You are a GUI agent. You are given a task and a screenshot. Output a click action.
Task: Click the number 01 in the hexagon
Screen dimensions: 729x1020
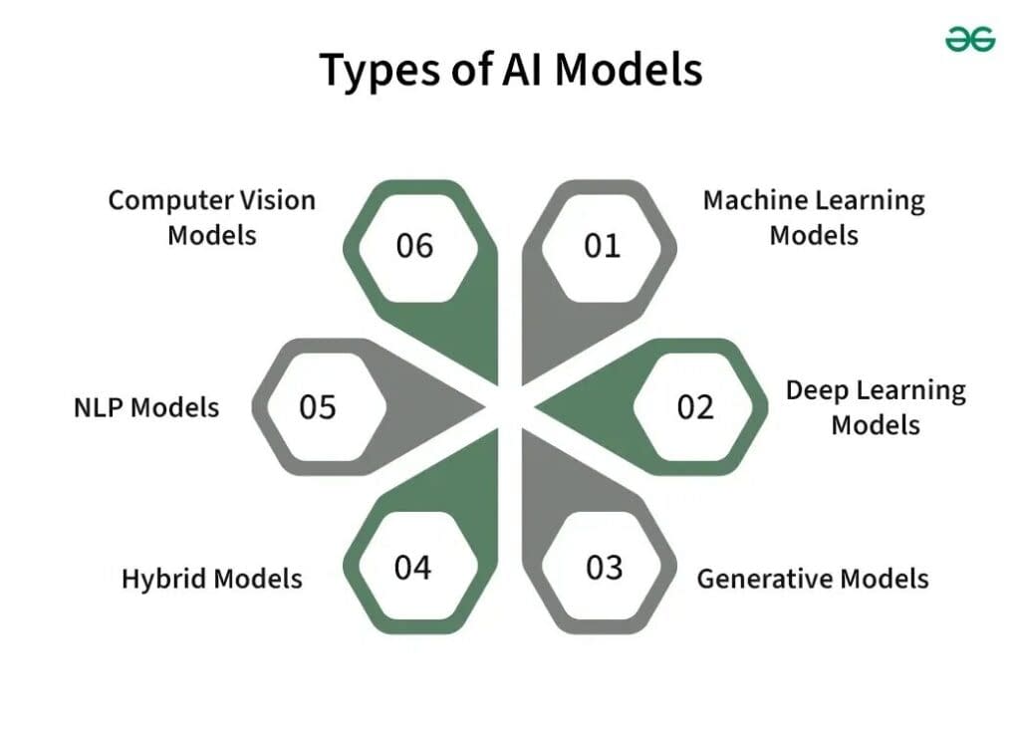(602, 245)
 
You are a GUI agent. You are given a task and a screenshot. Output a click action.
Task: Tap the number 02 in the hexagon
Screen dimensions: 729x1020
(695, 406)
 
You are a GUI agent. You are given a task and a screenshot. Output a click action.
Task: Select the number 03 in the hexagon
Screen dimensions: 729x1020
(604, 568)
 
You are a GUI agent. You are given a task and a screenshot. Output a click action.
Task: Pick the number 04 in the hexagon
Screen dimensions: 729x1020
(412, 568)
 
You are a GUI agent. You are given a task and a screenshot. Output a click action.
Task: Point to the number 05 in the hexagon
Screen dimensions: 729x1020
(318, 406)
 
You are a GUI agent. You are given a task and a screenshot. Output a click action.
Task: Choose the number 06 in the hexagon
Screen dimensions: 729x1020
(414, 245)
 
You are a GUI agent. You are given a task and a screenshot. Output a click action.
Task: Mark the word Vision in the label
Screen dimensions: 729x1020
(277, 200)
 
